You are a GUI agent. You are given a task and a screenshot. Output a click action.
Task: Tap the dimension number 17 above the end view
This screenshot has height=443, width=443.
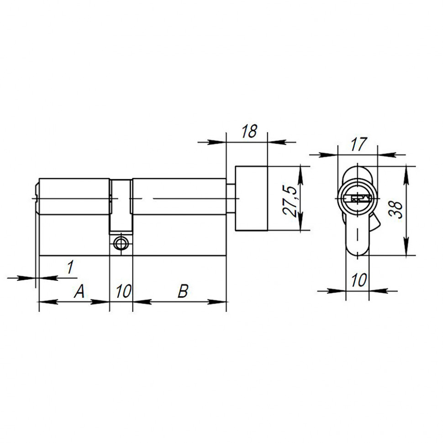click(359, 145)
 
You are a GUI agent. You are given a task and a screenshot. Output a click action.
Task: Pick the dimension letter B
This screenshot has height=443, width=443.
click(182, 291)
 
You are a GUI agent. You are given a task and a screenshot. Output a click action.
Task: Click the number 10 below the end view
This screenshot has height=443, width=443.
click(359, 280)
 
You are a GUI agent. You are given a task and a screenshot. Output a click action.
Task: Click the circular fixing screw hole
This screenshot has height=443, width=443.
click(121, 243)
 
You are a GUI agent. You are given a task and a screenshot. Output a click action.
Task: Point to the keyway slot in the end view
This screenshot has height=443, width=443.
click(358, 199)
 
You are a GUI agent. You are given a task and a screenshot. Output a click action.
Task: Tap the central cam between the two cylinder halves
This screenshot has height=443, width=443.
click(121, 206)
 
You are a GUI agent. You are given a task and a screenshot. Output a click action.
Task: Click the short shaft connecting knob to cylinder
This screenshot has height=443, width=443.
click(231, 199)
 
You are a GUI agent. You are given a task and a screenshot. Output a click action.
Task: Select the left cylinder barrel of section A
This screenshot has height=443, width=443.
click(74, 196)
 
